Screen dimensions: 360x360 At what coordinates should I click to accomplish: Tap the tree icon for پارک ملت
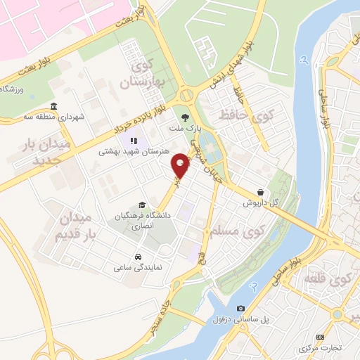pyautogui.click(x=186, y=117)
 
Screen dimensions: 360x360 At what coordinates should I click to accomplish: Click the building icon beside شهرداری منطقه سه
pyautogui.click(x=54, y=105)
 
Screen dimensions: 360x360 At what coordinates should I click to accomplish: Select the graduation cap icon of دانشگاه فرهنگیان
pyautogui.click(x=143, y=205)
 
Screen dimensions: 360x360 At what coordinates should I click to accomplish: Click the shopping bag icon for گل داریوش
pyautogui.click(x=261, y=191)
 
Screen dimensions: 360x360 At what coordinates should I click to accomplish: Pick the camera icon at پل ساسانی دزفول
pyautogui.click(x=241, y=309)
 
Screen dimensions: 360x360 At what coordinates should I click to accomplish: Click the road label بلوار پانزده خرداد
pyautogui.click(x=139, y=121)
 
